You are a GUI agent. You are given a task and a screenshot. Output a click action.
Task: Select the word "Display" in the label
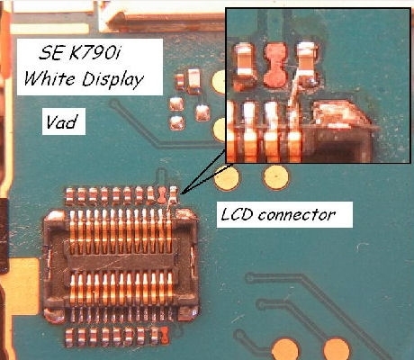[112, 80]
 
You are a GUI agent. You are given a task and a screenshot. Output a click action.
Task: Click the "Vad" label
[61, 121]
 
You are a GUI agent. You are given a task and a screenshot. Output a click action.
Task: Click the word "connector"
[297, 215]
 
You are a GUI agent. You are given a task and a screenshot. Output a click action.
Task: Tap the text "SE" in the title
[51, 53]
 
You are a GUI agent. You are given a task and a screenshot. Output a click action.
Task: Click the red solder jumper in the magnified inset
[274, 65]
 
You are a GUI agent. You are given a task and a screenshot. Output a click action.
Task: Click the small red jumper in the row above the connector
[162, 195]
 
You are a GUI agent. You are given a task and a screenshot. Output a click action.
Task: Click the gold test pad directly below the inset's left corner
[227, 178]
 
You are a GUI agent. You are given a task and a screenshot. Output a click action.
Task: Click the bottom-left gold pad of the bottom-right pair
[285, 349]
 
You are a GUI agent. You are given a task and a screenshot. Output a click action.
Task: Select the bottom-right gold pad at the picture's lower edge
[337, 349]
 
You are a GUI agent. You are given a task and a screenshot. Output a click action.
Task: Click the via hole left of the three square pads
[114, 104]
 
